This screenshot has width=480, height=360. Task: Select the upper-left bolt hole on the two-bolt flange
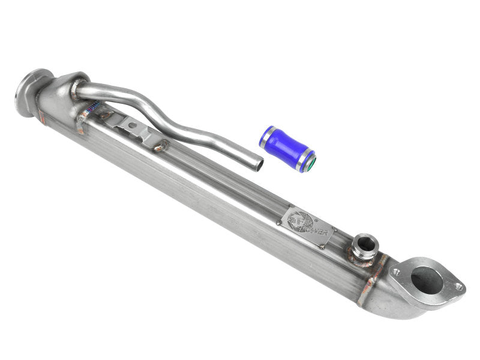[x=395, y=272]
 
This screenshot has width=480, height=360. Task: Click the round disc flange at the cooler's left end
[x=27, y=93]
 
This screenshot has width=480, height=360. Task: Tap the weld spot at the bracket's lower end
[x=160, y=145]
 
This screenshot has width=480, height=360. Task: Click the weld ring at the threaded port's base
[x=364, y=257]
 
